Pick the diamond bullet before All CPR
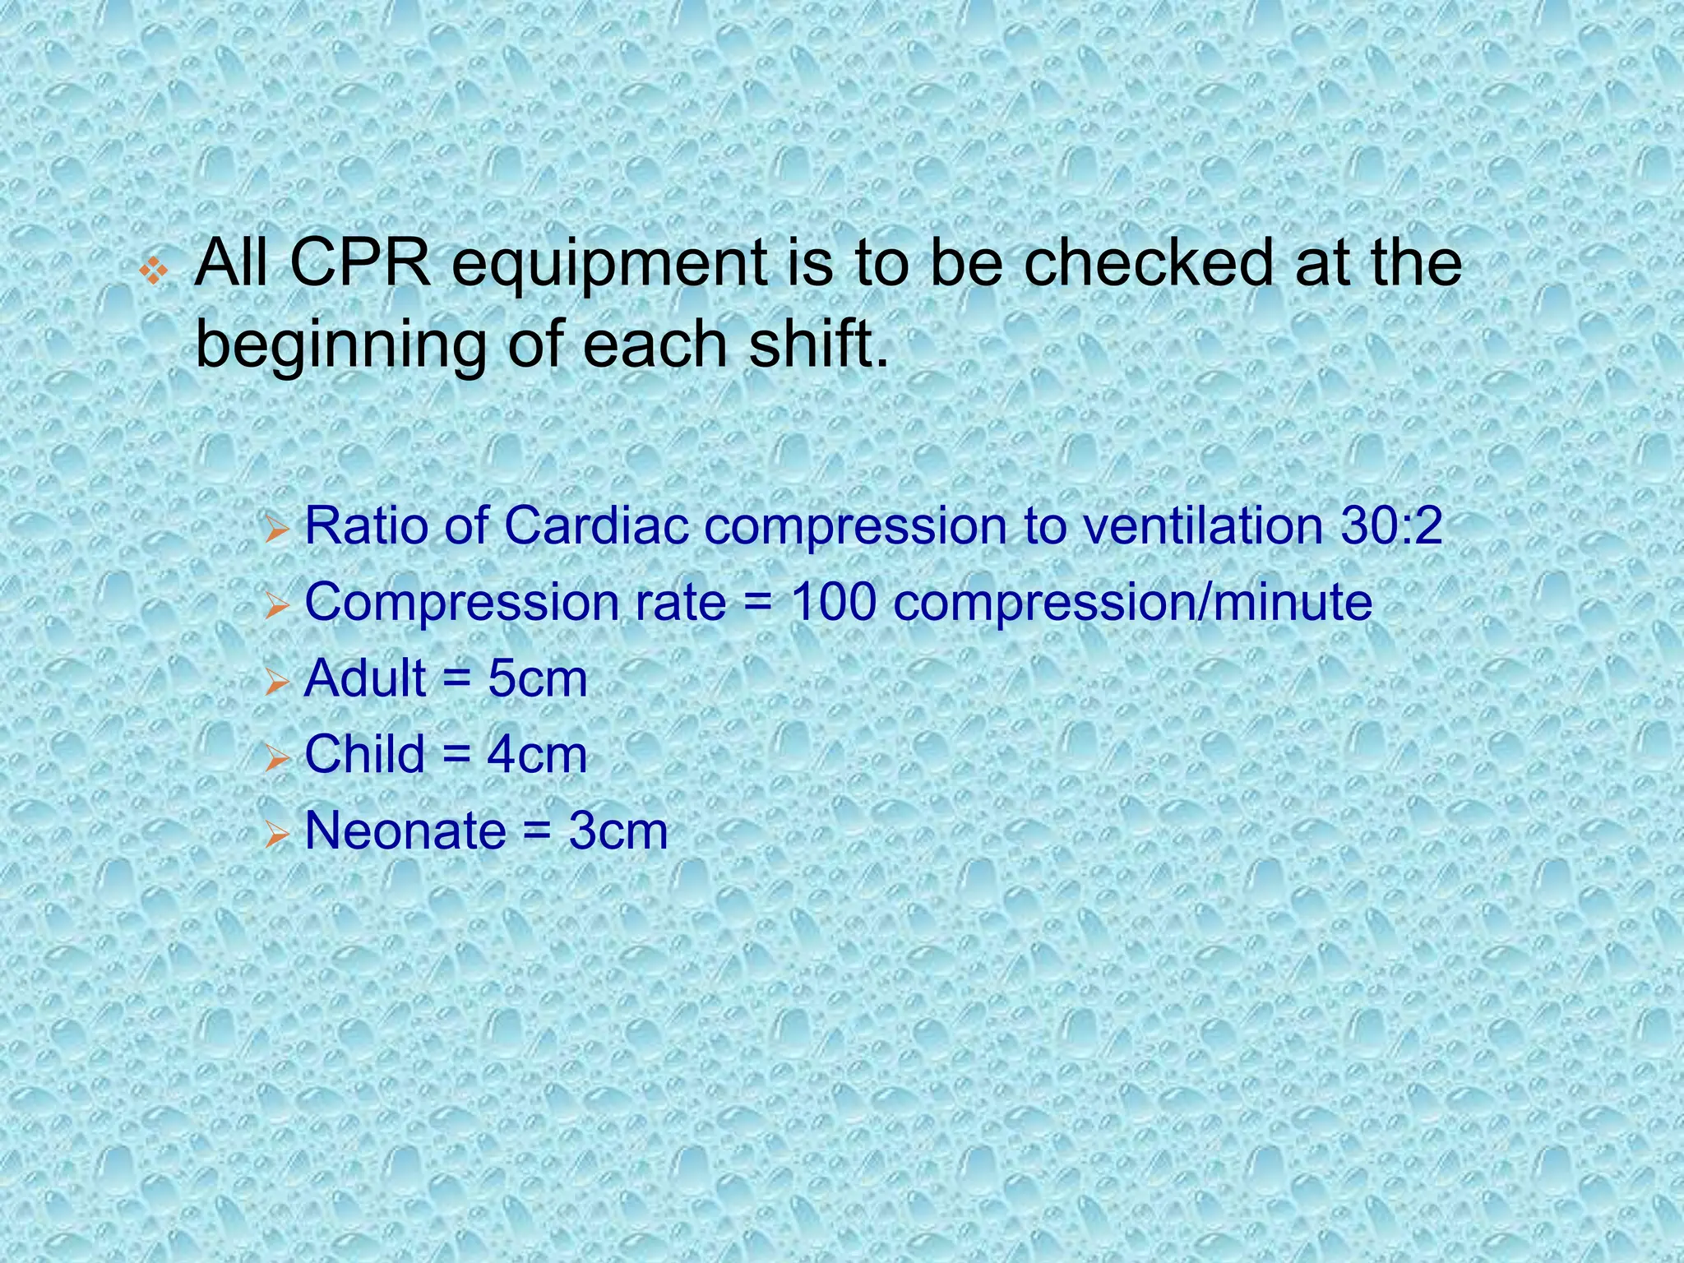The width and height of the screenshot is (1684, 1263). pos(154,271)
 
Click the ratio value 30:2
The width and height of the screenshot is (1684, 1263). pos(1391,525)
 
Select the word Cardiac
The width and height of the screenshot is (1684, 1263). pos(595,525)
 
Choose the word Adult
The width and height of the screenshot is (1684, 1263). pos(365,678)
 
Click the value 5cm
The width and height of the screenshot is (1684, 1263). pos(538,679)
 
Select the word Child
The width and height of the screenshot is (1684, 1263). pos(365,754)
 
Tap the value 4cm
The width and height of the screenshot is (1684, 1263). pos(537,755)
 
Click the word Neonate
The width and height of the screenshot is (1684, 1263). pos(405,830)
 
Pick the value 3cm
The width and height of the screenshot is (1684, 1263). pos(618,831)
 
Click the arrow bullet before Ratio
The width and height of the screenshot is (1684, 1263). pos(278,531)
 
